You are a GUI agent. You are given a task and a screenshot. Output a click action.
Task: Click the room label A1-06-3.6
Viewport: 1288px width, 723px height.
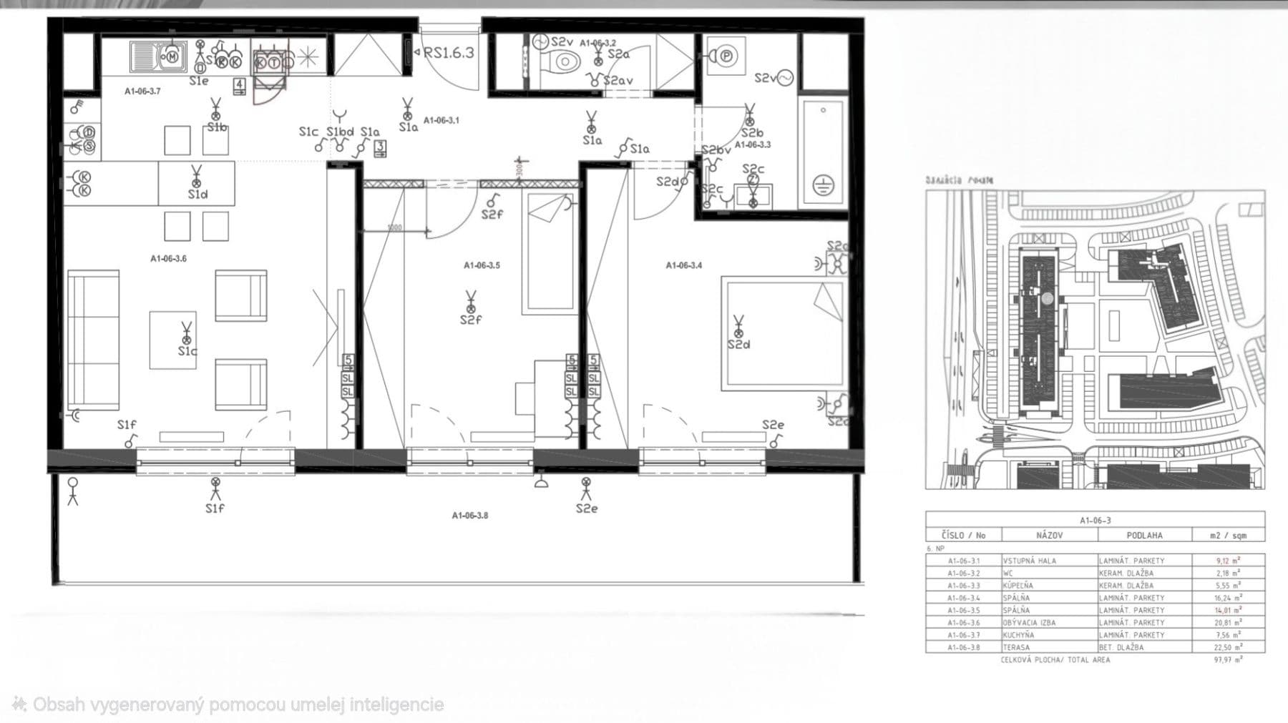pyautogui.click(x=168, y=259)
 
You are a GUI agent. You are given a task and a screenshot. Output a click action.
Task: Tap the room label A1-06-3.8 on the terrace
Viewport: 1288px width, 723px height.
pyautogui.click(x=470, y=515)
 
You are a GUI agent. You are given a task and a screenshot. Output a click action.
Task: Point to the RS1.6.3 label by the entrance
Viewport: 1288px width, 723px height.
pyautogui.click(x=449, y=53)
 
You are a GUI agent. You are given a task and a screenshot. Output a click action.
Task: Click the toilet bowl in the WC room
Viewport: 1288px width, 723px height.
pyautogui.click(x=565, y=62)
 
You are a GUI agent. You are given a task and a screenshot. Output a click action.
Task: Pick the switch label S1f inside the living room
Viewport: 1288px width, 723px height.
pyautogui.click(x=127, y=425)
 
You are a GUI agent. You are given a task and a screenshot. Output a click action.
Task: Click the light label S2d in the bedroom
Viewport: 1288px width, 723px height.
pyautogui.click(x=739, y=345)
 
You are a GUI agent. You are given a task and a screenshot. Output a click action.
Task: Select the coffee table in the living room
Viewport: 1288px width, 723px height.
pyautogui.click(x=172, y=340)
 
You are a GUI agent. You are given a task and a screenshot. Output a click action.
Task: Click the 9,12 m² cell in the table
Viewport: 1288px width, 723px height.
pyautogui.click(x=1228, y=561)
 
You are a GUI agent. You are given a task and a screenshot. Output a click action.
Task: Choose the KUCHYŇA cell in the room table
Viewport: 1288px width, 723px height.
pyautogui.click(x=1018, y=635)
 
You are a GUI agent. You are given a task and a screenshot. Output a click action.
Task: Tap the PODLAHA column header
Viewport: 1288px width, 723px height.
pyautogui.click(x=1144, y=535)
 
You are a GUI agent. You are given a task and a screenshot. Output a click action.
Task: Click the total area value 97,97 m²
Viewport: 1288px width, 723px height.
pyautogui.click(x=1228, y=660)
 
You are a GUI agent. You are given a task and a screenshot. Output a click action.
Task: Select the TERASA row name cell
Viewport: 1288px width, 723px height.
pyautogui.click(x=1016, y=647)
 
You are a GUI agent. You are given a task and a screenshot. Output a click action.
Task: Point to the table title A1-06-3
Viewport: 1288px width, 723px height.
pyautogui.click(x=1095, y=521)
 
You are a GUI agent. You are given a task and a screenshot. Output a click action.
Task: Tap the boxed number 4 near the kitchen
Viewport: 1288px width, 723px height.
pyautogui.click(x=240, y=86)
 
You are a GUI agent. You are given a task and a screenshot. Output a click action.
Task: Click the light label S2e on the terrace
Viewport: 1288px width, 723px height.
pyautogui.click(x=586, y=508)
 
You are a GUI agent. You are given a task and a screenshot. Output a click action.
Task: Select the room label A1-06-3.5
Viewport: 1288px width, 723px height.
pyautogui.click(x=482, y=265)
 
